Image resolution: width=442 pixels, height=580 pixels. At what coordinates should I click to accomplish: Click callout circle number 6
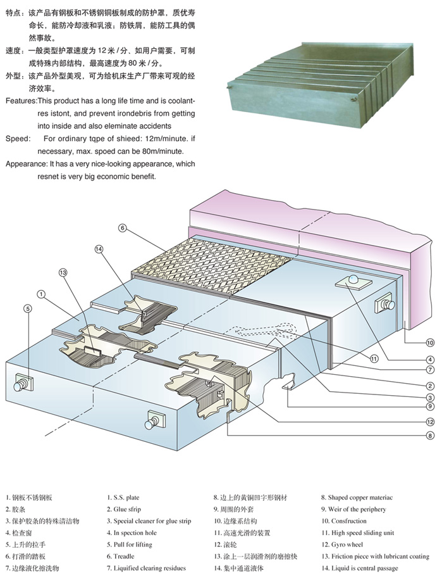[123, 228]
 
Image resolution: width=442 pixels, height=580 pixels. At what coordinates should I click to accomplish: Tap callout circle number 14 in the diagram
[98, 249]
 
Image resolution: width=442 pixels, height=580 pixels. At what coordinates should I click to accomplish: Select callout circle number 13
[63, 272]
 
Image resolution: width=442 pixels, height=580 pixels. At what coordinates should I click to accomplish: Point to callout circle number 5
[27, 309]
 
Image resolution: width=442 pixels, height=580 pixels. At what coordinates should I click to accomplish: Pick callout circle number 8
[430, 435]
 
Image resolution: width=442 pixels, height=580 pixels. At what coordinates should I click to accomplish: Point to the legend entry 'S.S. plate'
[123, 498]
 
